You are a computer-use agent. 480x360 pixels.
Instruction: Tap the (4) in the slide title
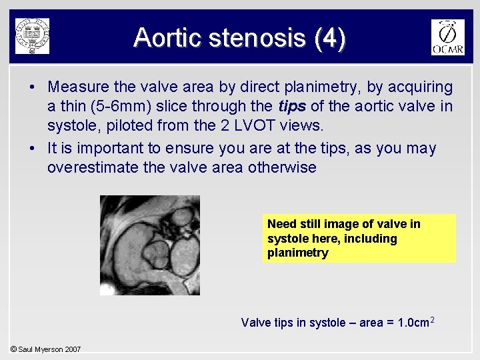[331, 38]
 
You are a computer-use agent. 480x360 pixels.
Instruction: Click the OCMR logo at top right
[447, 37]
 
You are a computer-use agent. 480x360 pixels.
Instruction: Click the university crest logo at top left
[32, 35]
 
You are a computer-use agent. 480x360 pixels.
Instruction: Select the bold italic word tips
[291, 106]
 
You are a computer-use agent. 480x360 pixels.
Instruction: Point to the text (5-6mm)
[110, 106]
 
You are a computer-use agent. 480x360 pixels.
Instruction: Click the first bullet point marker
[32, 87]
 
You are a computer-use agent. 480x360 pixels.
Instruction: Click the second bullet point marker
[32, 149]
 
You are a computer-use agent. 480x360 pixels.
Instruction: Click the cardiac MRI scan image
[149, 245]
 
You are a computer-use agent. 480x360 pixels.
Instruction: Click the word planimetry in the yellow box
[297, 253]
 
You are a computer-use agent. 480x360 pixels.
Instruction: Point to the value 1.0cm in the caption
[414, 323]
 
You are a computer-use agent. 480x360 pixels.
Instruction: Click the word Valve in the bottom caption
[255, 323]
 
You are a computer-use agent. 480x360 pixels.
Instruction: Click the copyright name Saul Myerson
[41, 349]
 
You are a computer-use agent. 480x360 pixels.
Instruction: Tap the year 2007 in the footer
[73, 349]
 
